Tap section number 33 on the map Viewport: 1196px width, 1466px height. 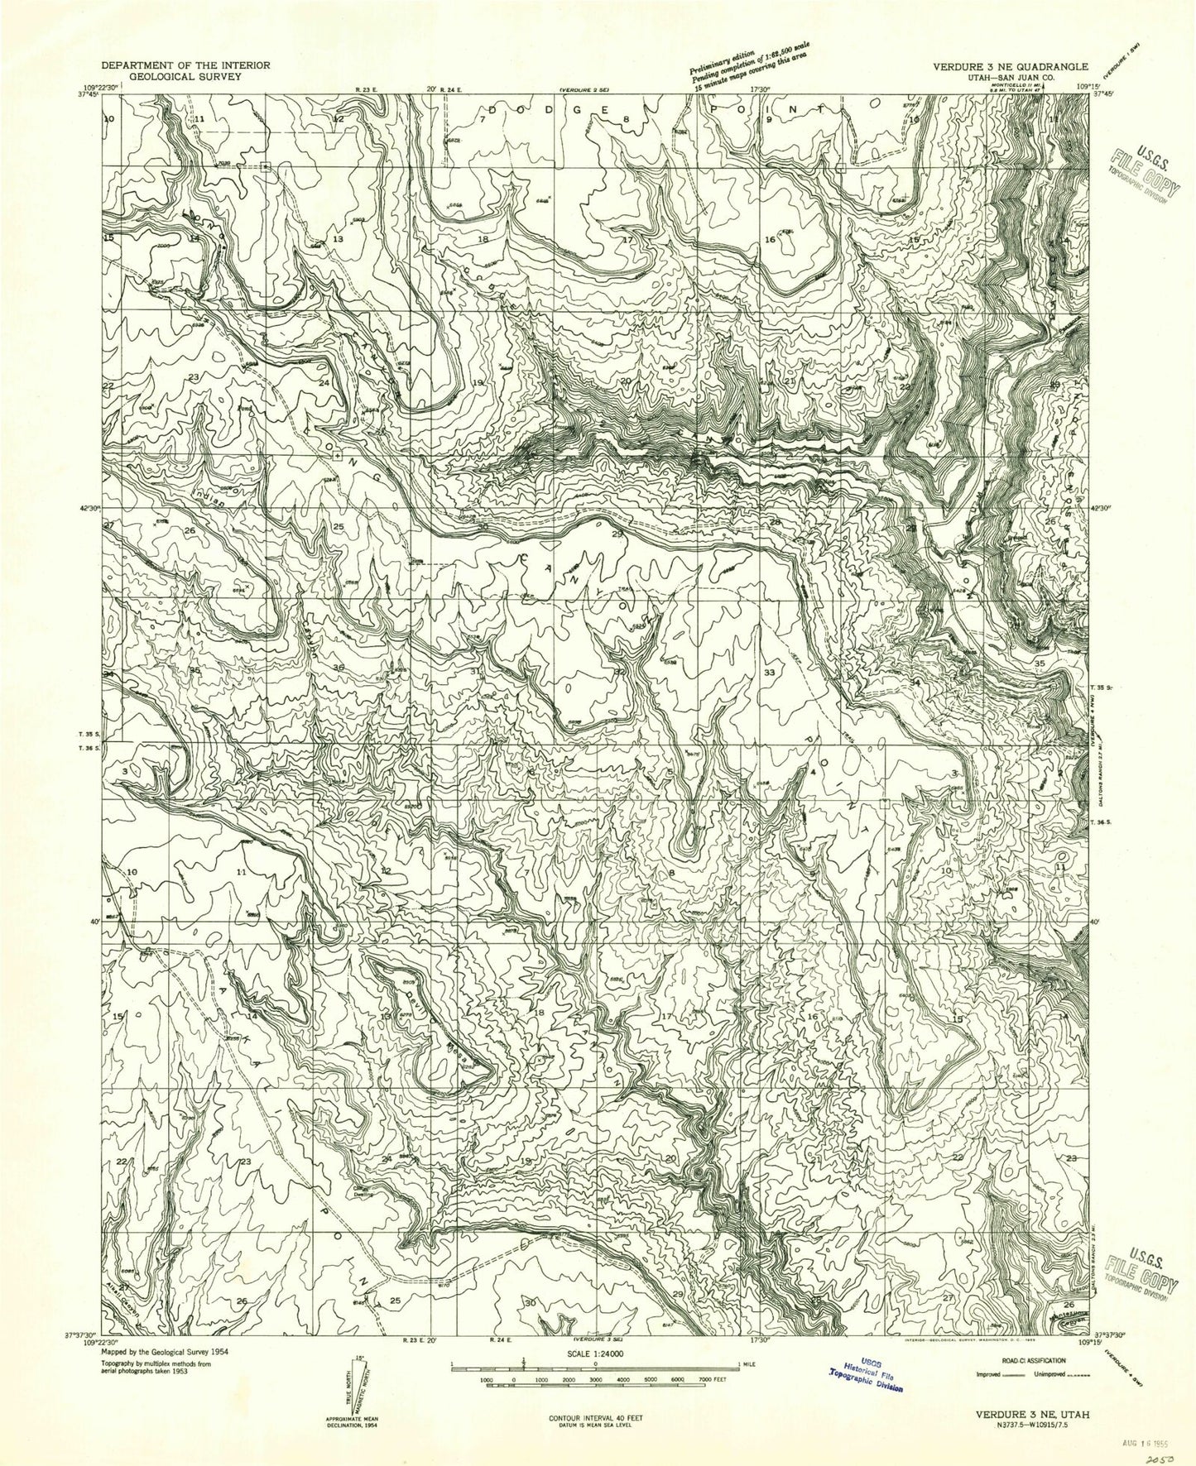(x=770, y=673)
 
